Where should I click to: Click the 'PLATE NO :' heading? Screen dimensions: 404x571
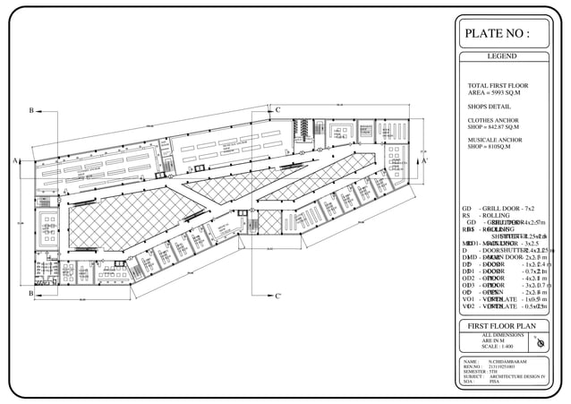click(x=497, y=34)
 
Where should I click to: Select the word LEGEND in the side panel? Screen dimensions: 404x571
click(x=501, y=56)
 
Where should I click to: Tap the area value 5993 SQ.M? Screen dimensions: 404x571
click(x=495, y=92)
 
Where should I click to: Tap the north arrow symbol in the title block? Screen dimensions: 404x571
click(x=539, y=343)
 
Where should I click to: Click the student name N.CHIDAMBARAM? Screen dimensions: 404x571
click(x=507, y=361)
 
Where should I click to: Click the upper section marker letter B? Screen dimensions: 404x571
click(x=31, y=110)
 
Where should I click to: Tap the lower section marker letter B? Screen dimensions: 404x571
click(x=31, y=293)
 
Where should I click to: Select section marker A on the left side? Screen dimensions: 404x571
click(x=16, y=160)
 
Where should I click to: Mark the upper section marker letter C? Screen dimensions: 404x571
click(x=278, y=110)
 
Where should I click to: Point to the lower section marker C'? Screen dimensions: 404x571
click(x=278, y=296)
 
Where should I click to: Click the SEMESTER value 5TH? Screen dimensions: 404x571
click(x=493, y=371)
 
